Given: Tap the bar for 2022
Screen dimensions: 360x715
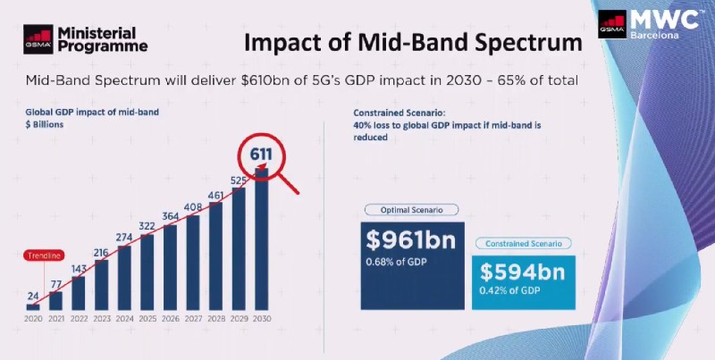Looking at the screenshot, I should tap(79, 292).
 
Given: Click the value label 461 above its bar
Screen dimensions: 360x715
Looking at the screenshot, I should tap(216, 194).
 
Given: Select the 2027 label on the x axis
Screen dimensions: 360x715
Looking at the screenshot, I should tap(193, 318).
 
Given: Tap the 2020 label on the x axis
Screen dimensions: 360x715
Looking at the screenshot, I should tap(33, 318).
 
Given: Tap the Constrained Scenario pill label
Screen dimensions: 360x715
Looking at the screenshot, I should tap(522, 242).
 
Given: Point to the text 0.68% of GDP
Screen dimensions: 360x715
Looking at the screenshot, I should tap(399, 262).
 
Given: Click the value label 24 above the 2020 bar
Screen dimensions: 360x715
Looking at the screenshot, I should tap(33, 295).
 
